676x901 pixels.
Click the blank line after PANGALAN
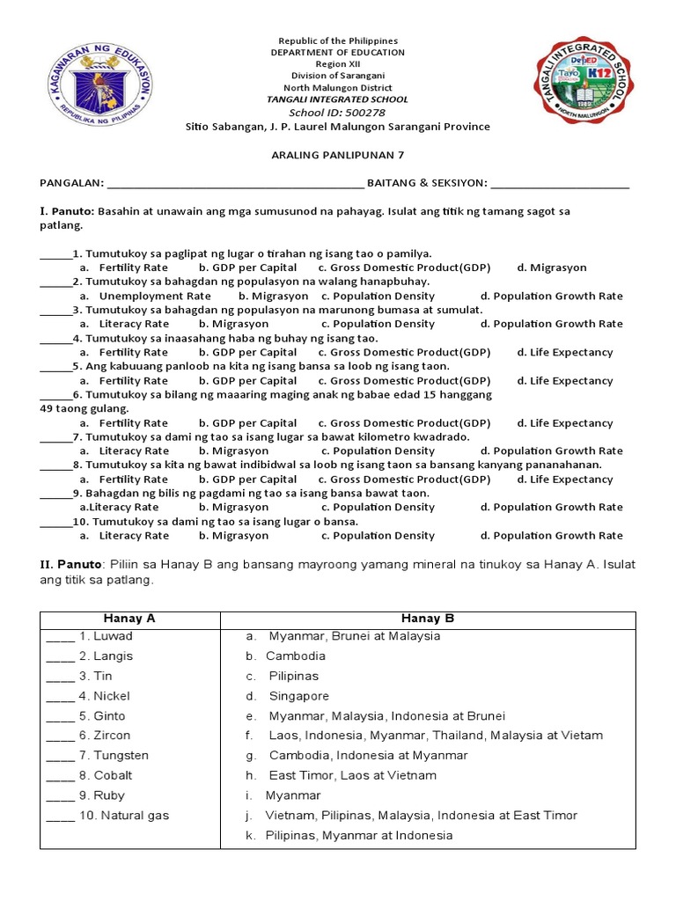point(234,184)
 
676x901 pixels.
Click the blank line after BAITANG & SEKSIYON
point(560,184)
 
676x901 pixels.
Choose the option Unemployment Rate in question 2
point(155,297)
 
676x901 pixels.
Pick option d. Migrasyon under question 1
point(552,267)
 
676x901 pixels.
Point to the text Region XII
point(338,64)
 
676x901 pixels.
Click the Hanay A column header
point(130,619)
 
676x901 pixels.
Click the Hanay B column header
point(428,619)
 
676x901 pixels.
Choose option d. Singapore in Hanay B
point(299,696)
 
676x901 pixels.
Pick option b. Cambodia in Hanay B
point(296,656)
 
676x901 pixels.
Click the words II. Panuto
point(70,564)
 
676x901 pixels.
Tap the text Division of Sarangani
point(338,76)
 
